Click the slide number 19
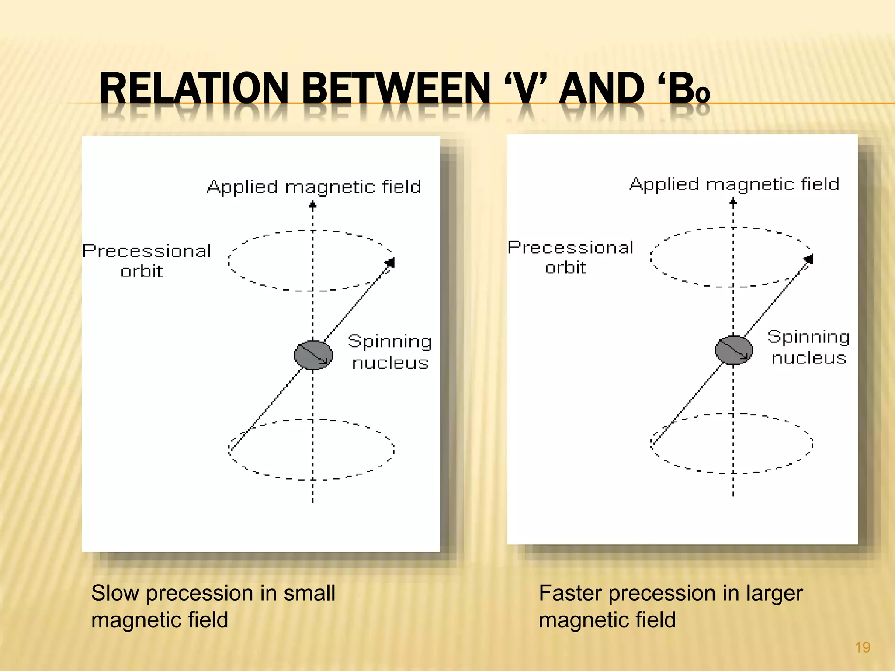pos(862,647)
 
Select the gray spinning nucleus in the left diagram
pos(313,355)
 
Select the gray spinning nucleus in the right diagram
pos(734,350)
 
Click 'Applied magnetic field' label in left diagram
pos(314,187)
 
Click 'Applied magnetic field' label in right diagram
pos(734,184)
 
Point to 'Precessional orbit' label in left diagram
pos(146,261)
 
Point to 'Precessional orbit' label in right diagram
pos(570,257)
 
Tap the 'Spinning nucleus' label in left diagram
pos(390,352)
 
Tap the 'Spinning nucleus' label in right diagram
pos(808,347)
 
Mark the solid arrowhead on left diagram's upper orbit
pos(390,263)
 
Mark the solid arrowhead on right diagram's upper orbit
pos(808,259)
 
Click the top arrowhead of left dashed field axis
pos(312,204)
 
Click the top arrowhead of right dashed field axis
pos(733,202)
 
